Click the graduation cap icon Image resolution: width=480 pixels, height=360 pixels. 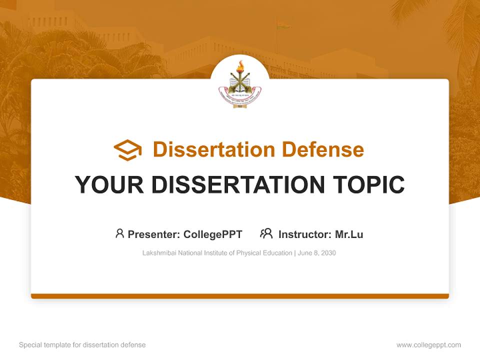(127, 149)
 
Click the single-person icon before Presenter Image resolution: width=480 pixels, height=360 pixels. (119, 233)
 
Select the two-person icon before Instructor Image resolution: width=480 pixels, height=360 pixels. (266, 233)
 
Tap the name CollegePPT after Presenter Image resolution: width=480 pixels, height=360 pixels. (213, 234)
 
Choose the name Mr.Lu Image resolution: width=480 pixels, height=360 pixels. (349, 234)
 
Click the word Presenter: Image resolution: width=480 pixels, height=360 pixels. (154, 234)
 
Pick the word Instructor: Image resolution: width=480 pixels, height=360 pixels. (305, 234)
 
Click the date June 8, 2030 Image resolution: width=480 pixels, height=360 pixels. (316, 253)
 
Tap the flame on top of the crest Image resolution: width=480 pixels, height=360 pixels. (240, 66)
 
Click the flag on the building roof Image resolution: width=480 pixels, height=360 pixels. (284, 25)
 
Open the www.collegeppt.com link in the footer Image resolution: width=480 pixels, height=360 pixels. (428, 345)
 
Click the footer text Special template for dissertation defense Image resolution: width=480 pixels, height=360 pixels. (82, 345)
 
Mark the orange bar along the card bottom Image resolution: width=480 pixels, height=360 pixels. (240, 296)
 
